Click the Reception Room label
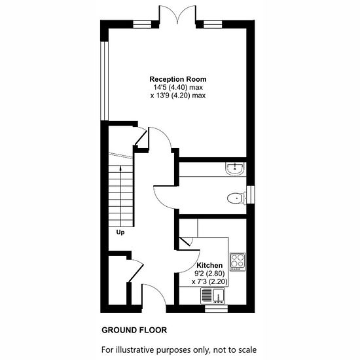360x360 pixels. coord(178,79)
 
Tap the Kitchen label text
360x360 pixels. coord(209,265)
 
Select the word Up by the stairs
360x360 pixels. coord(120,232)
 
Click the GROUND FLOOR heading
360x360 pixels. coord(134,330)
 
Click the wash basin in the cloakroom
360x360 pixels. coord(235,169)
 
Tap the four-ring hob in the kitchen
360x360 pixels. coord(238,262)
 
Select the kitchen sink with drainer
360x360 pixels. coord(213,296)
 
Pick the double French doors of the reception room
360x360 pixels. coord(177,14)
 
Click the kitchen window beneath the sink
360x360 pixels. coord(216,309)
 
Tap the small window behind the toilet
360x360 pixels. coord(251,194)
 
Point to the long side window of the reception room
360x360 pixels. coord(105,81)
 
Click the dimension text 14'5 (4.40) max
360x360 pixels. coord(178,87)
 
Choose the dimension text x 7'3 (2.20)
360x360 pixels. coord(209,281)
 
